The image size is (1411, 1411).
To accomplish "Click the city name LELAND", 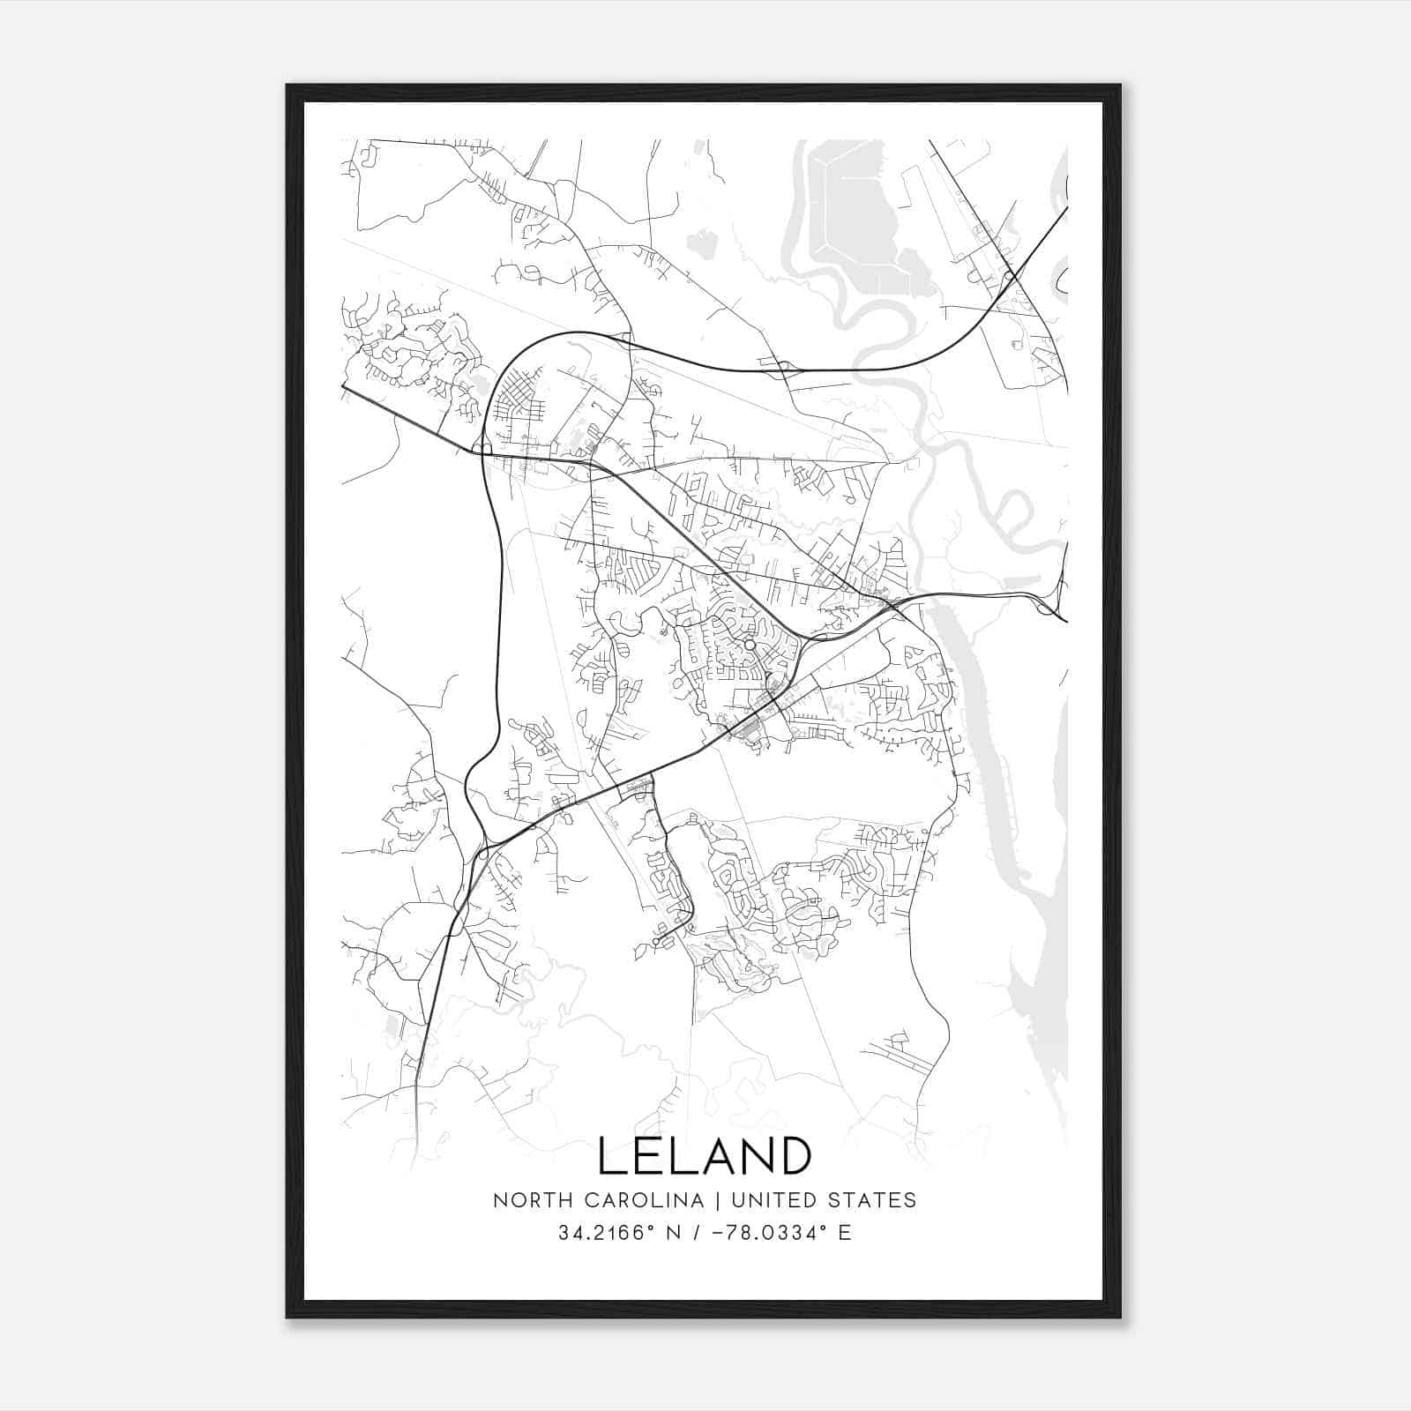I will coord(705,1156).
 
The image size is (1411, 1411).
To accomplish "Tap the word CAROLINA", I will coord(643,1200).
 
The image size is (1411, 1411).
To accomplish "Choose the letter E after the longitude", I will coord(845,1233).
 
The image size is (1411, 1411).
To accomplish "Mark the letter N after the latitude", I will coord(672,1233).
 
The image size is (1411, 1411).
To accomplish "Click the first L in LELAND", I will coord(611,1156).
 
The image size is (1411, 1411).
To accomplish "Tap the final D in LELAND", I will coord(795,1156).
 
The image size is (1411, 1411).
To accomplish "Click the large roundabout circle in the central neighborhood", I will coord(750,646).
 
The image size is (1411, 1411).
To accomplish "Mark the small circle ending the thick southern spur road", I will coord(656,943).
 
